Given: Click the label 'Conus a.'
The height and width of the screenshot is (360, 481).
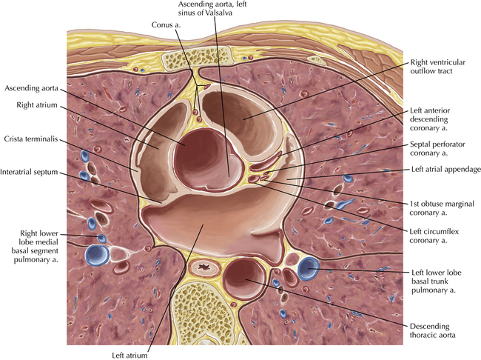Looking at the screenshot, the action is point(166,24).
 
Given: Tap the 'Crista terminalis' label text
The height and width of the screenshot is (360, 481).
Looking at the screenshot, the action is point(30,139).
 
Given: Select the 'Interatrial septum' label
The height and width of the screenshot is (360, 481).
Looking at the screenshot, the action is point(29,172).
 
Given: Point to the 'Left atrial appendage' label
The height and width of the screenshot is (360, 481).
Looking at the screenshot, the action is point(446,169).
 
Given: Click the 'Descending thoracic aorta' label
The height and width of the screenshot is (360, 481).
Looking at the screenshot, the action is point(433,330).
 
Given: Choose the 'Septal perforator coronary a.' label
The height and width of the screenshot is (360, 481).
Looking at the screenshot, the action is point(437,148).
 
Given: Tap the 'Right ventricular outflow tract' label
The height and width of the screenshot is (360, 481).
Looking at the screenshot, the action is point(438,67).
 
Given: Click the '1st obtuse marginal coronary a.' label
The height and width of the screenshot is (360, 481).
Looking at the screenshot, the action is point(442,208).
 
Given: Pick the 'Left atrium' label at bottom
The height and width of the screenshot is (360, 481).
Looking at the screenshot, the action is point(129,356).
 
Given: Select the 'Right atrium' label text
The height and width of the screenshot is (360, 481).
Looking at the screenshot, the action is point(37,105).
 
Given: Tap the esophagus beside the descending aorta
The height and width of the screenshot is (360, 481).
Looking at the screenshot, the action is point(204,268).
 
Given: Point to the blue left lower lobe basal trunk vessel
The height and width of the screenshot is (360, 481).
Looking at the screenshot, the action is point(309,269).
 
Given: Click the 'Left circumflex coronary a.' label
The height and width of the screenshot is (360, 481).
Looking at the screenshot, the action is point(434,236).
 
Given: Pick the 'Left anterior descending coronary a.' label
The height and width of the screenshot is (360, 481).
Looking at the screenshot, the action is point(430,119).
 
